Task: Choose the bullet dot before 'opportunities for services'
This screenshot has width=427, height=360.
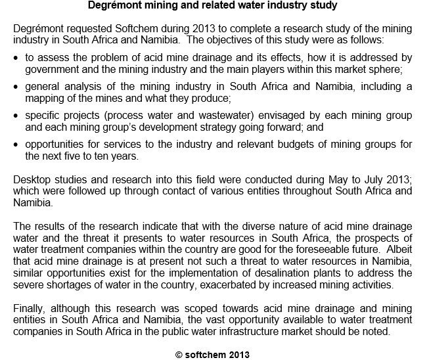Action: (16, 145)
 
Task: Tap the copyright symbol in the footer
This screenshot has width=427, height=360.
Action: (179, 353)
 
